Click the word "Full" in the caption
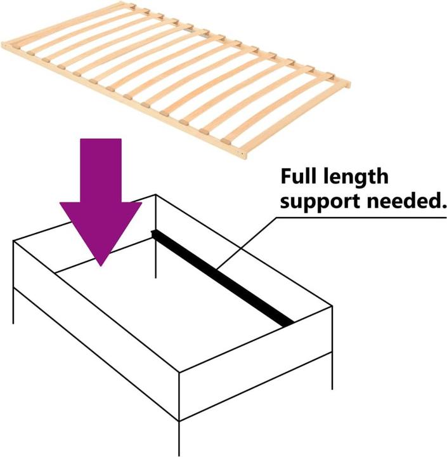click(x=297, y=176)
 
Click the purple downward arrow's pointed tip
click(x=101, y=266)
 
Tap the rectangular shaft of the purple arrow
click(x=101, y=171)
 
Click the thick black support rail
click(x=222, y=278)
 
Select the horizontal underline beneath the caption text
click(x=361, y=218)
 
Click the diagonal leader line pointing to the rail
click(x=247, y=243)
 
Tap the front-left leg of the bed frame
click(x=13, y=306)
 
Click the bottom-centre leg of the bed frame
click(x=179, y=439)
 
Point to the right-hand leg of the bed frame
click(x=332, y=371)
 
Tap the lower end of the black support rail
click(x=288, y=324)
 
